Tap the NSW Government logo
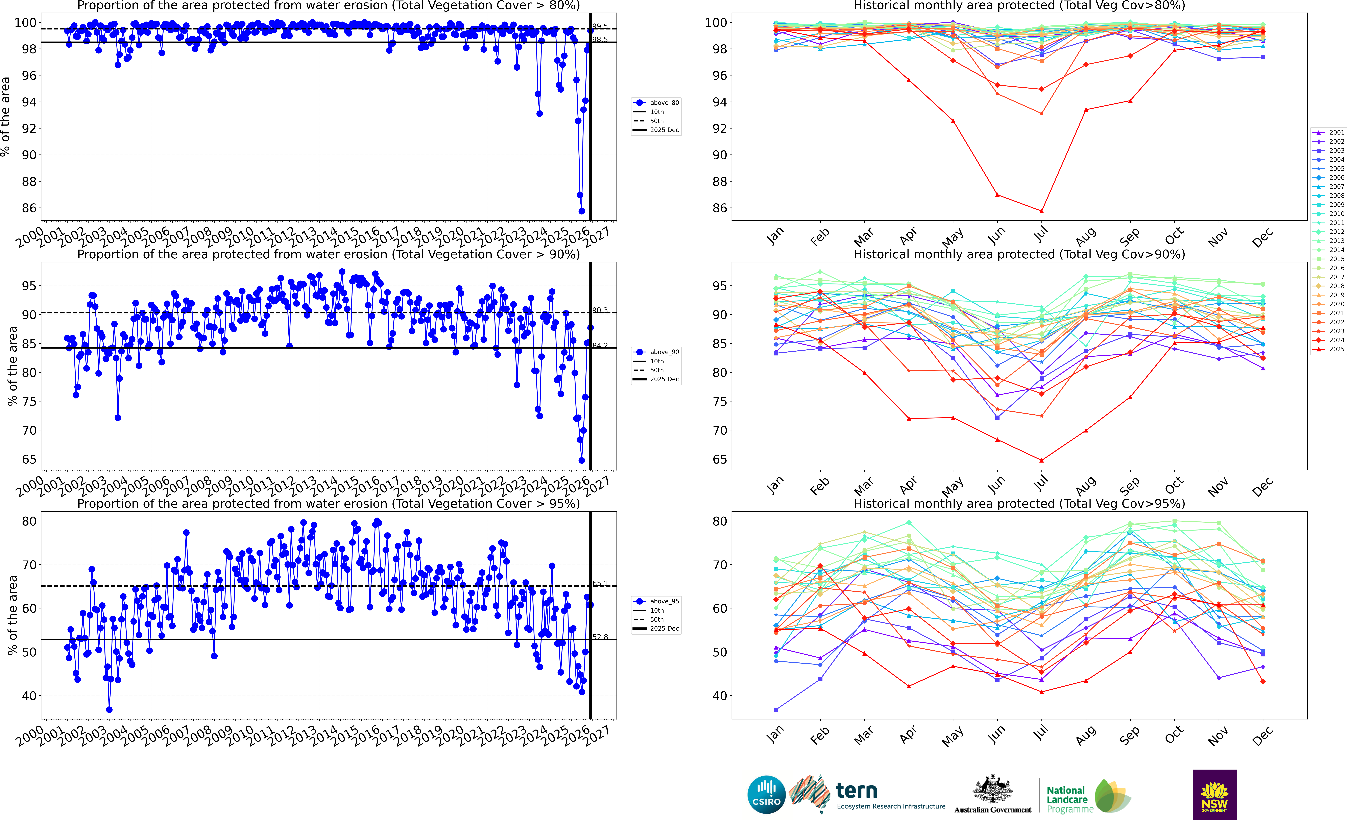click(1214, 794)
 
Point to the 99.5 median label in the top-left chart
click(600, 26)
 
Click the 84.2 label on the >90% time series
click(600, 346)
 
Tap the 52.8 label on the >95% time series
click(600, 637)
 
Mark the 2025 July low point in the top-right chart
click(1041, 211)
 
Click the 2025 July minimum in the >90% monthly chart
click(1041, 460)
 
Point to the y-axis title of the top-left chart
click(5, 116)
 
